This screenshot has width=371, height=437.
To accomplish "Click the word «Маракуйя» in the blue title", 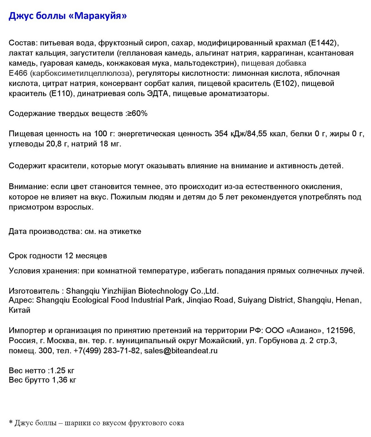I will tap(100, 16).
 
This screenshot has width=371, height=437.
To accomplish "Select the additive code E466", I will tap(18, 73).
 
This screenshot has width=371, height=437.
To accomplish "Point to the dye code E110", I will tap(61, 94).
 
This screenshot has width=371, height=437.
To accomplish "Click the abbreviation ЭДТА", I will tap(157, 94).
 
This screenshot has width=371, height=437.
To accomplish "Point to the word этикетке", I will tap(125, 231).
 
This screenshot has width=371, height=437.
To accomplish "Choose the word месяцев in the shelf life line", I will tap(91, 256).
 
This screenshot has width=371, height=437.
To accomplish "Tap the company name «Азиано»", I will tap(305, 330).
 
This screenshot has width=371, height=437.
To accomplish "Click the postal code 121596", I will tap(340, 330).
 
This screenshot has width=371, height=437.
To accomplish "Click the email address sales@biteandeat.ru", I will tap(181, 351).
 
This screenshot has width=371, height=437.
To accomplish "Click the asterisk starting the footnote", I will tap(11, 422).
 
